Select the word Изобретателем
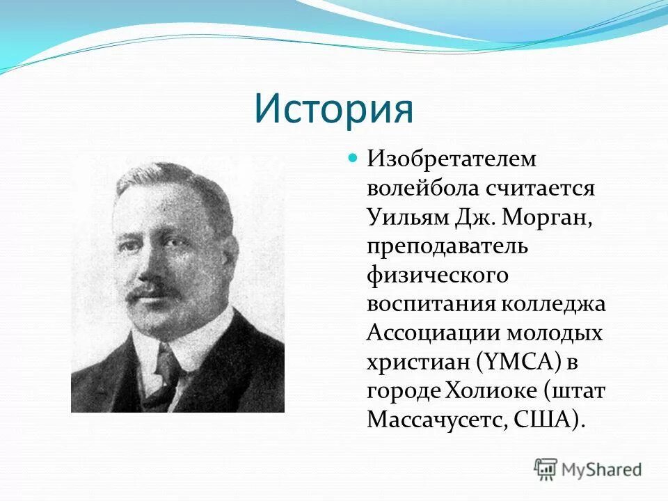click(452, 159)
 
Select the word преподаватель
click(448, 246)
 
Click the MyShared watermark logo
click(588, 469)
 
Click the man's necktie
click(165, 376)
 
